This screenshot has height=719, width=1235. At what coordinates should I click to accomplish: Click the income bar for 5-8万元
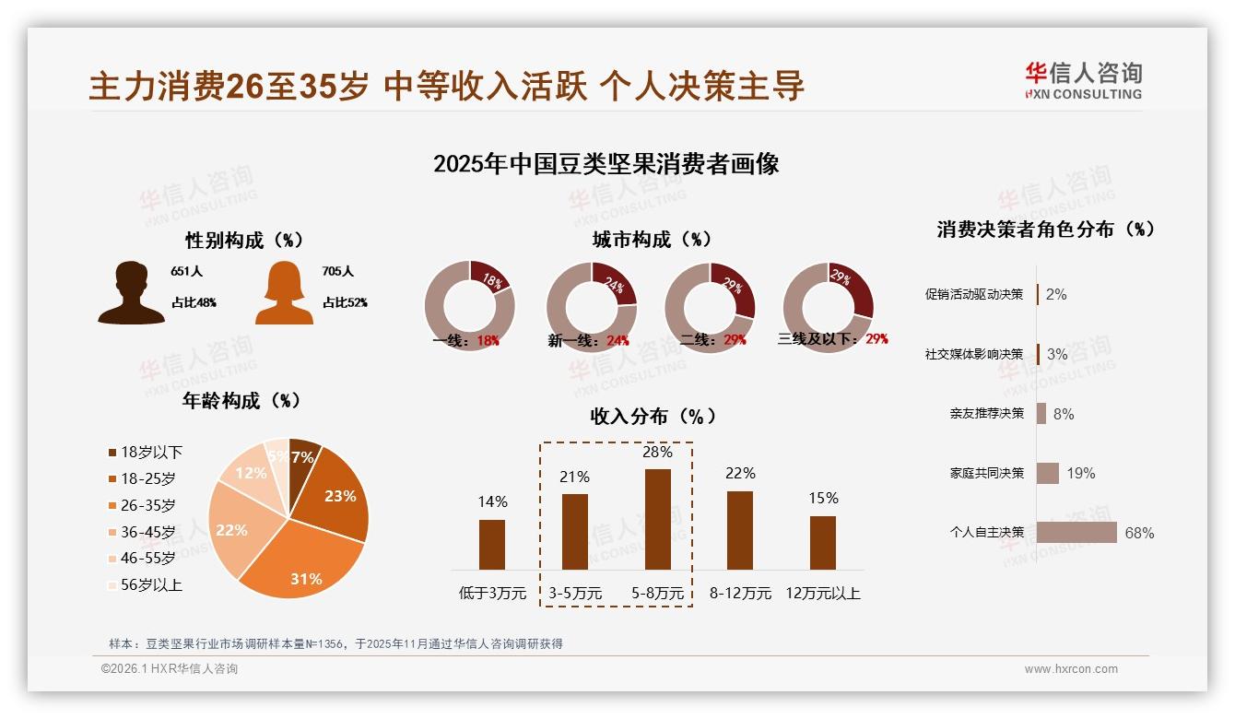658,519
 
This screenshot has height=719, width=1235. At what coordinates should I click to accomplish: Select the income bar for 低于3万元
492,544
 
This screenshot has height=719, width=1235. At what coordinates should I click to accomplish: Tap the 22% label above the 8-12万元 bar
740,473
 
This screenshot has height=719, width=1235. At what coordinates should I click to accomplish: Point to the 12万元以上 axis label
823,594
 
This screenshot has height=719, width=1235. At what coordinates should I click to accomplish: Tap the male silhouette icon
132,293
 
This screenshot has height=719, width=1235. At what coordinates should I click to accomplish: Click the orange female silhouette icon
284,293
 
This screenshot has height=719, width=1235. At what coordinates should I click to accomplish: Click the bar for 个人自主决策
1076,533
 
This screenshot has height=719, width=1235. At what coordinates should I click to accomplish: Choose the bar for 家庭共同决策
1048,473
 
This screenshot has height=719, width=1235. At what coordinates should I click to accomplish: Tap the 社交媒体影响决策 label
973,354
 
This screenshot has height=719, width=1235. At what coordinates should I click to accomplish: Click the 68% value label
1139,533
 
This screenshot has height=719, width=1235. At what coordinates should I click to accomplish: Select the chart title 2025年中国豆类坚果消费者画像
606,164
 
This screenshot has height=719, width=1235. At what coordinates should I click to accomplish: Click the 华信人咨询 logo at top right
1083,80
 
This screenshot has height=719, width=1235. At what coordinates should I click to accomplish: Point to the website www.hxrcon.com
1071,669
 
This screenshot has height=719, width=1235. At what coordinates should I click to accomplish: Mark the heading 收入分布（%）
653,416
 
